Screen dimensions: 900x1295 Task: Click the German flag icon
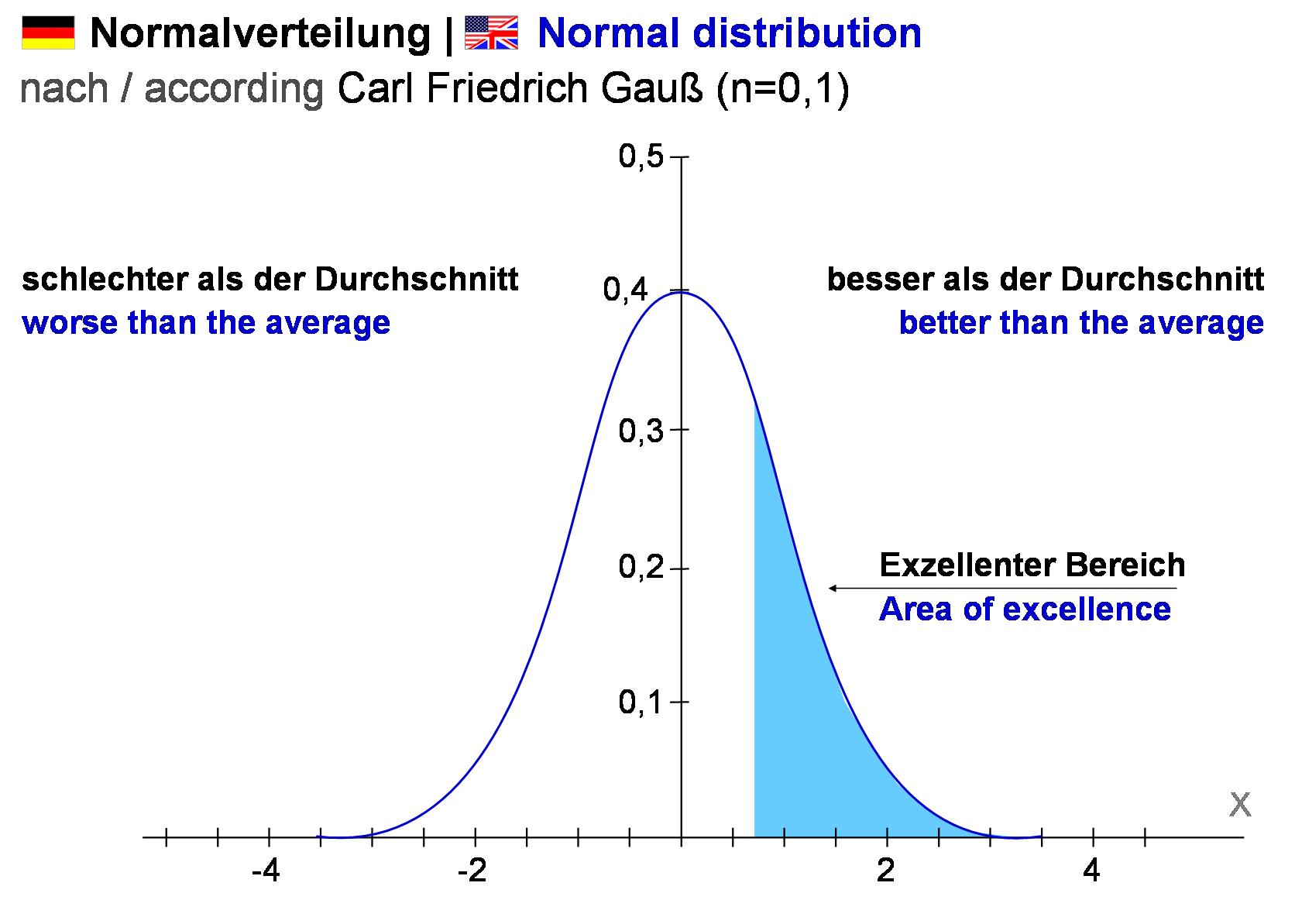(48, 33)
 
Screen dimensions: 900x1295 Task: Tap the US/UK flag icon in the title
(491, 33)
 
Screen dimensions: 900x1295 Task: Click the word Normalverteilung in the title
(260, 33)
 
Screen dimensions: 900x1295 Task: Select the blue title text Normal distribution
(730, 33)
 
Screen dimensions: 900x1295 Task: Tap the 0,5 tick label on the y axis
(641, 156)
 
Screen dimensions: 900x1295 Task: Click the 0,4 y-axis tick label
(626, 290)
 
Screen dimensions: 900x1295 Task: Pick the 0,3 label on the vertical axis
(641, 431)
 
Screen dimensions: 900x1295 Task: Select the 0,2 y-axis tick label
(641, 568)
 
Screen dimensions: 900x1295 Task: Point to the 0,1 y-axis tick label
(641, 702)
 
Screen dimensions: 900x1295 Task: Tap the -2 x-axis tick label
(472, 872)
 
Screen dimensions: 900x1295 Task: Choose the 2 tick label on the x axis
(886, 872)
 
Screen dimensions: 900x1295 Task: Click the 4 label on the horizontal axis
(1091, 872)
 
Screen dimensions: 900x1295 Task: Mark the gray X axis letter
(1240, 806)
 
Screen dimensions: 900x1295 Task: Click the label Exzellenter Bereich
(1032, 565)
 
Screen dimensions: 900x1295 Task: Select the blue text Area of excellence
(1025, 610)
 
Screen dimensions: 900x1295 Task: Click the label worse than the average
(206, 322)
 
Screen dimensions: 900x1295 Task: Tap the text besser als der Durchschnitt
(1046, 279)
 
